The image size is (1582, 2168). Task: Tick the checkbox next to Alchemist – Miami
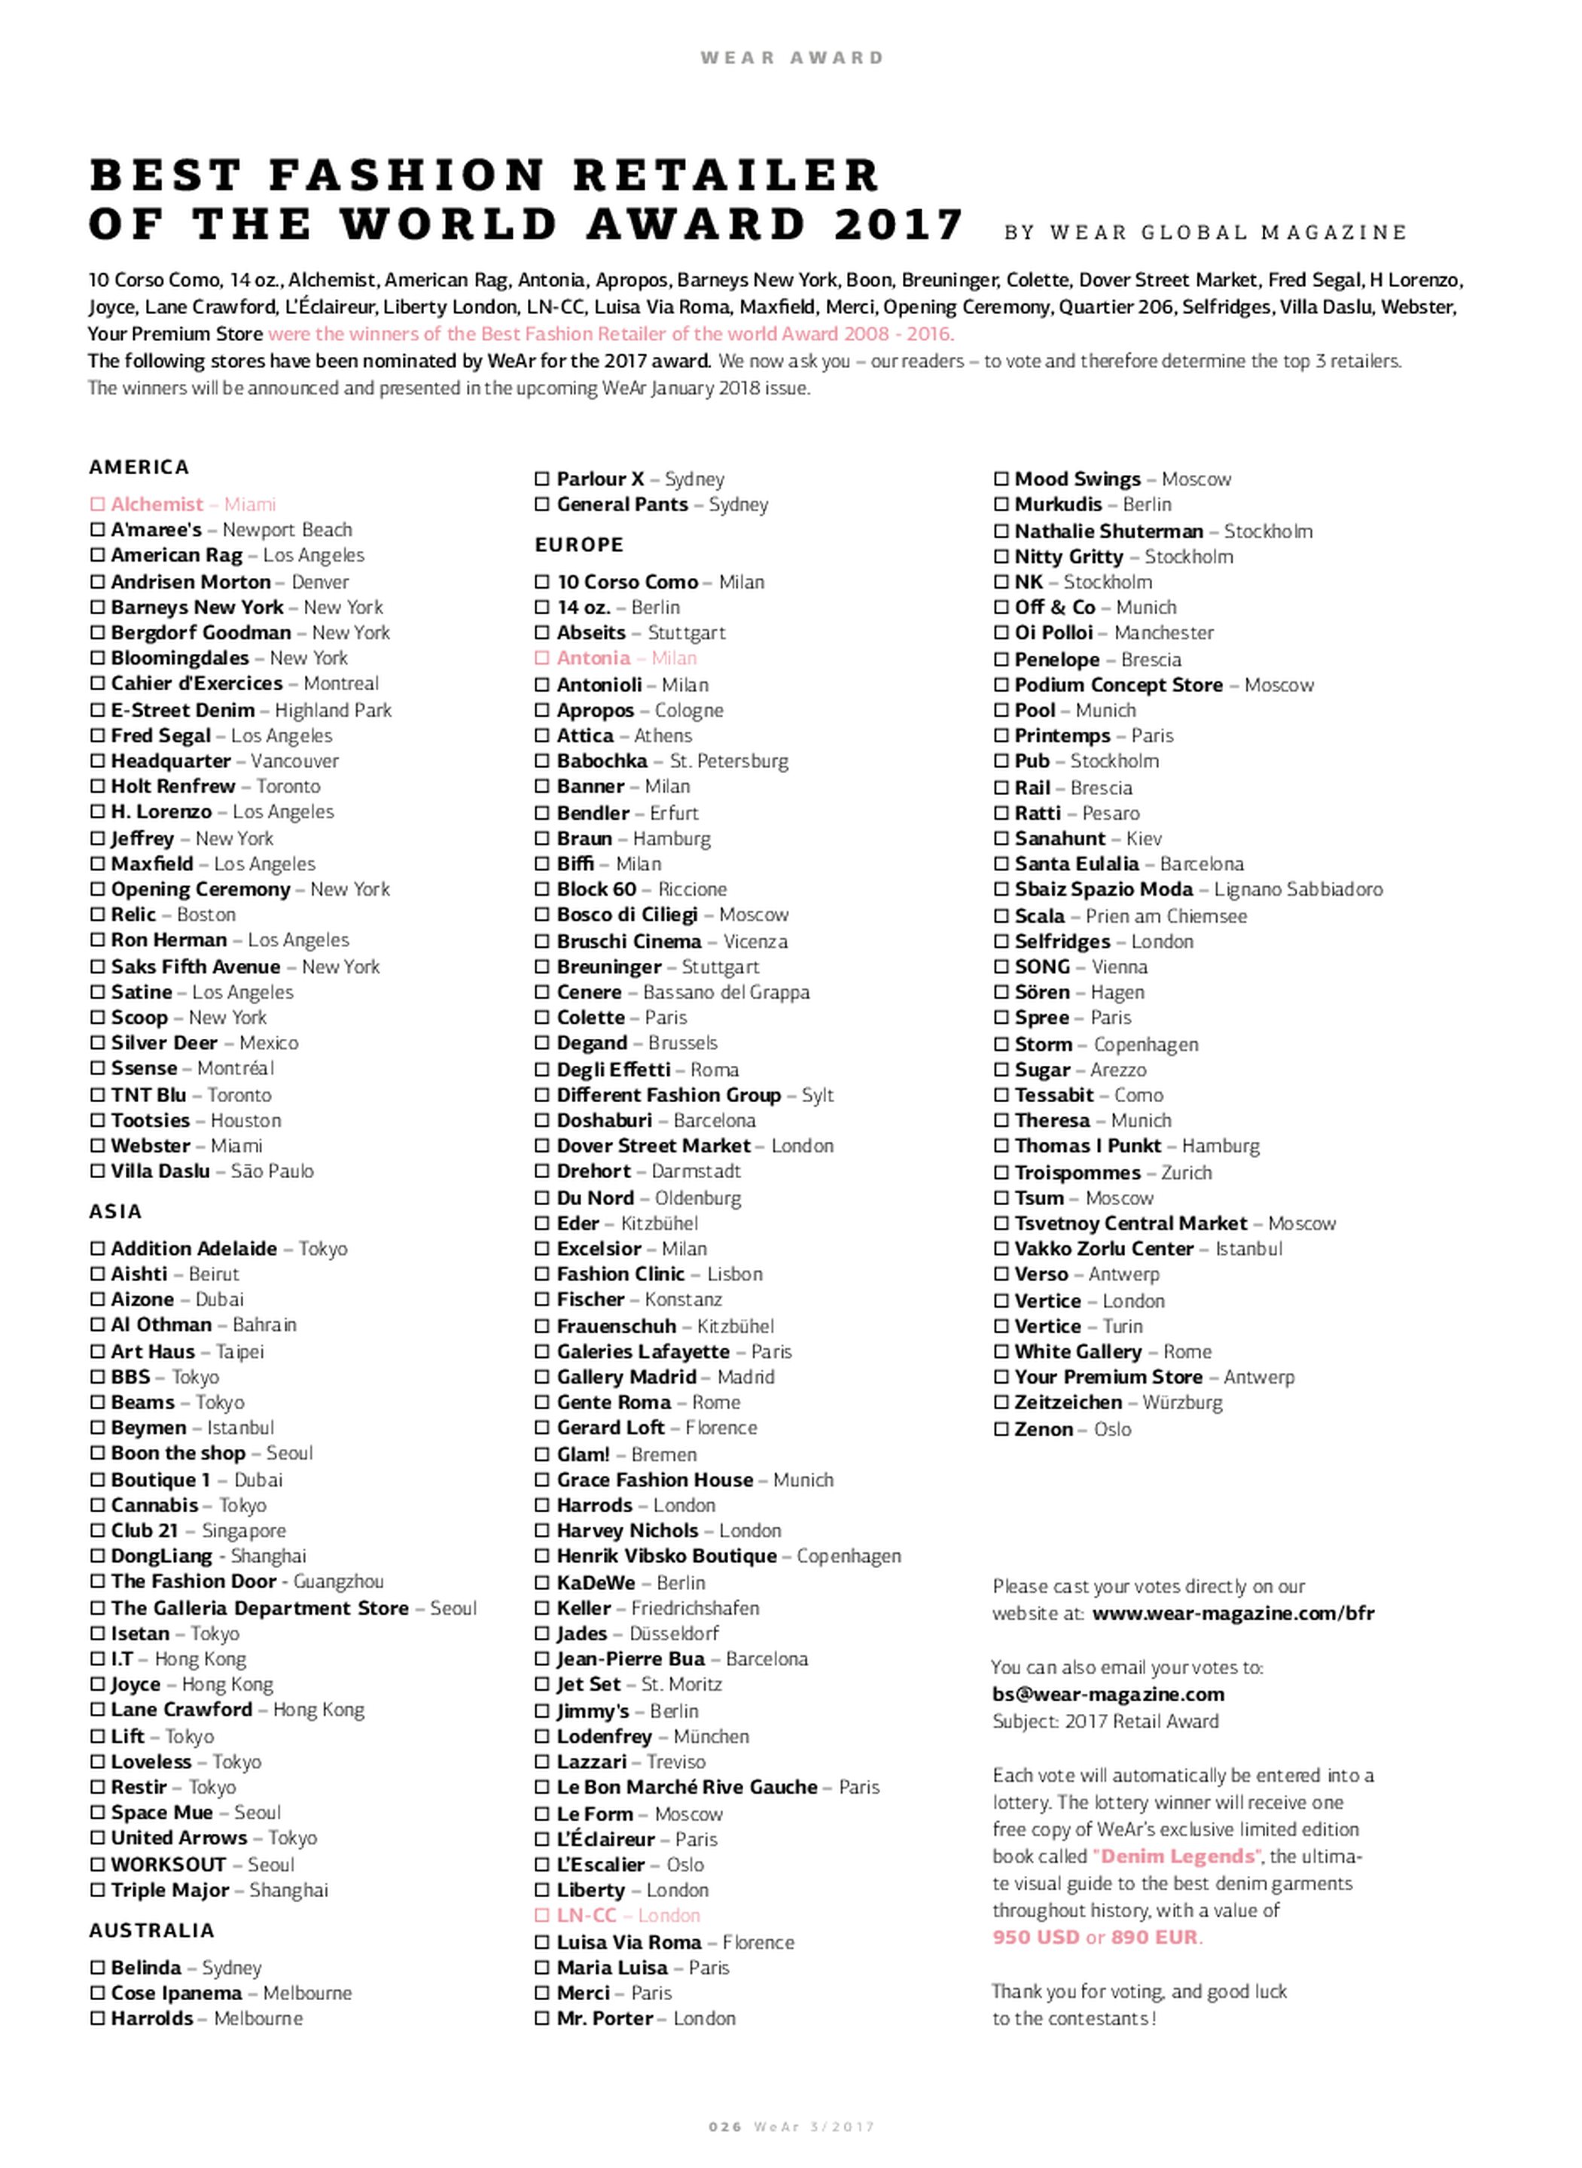96,504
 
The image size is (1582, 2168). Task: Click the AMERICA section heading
139,467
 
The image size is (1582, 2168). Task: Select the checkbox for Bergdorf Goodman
96,632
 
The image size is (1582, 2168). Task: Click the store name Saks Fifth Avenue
195,966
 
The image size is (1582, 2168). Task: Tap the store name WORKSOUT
169,1864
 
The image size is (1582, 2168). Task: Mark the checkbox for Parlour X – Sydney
543,479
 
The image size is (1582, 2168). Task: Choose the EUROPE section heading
579,544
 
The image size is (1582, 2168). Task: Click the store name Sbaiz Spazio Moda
1103,889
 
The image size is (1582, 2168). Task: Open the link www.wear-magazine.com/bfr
1233,1613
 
